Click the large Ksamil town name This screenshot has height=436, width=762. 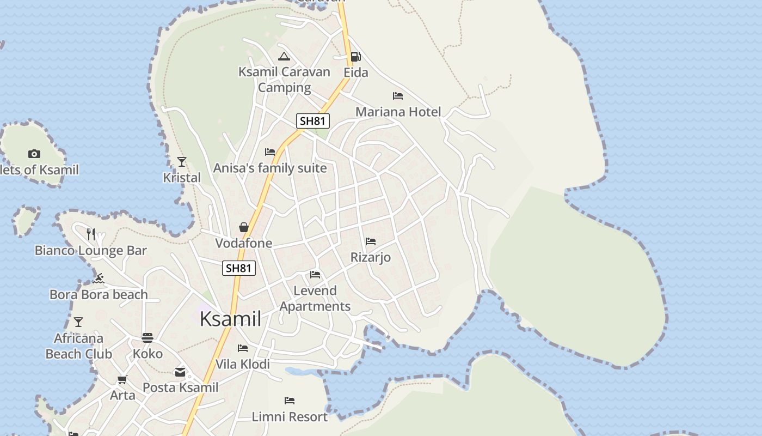click(231, 319)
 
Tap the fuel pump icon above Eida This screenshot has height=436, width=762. click(355, 56)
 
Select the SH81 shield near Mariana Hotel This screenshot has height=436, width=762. click(313, 121)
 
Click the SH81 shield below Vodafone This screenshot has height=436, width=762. click(239, 268)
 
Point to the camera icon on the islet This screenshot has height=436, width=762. click(34, 154)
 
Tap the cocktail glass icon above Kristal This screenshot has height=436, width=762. click(182, 162)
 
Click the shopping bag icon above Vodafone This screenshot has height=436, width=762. click(244, 227)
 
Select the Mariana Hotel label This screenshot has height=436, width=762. click(398, 112)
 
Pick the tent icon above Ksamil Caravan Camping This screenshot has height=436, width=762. click(284, 56)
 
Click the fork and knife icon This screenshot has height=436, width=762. click(91, 234)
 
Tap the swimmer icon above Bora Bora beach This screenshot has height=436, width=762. click(99, 279)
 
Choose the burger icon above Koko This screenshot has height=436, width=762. click(148, 338)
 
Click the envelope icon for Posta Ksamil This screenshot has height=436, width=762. click(180, 372)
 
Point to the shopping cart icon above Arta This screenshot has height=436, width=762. click(122, 379)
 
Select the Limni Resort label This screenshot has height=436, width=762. click(290, 417)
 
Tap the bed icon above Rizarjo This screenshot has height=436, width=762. click(371, 241)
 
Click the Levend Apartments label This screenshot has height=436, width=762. click(315, 298)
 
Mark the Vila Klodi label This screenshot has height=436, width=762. click(243, 364)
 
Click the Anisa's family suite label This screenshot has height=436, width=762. click(270, 168)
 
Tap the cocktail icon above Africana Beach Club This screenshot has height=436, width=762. click(78, 322)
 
